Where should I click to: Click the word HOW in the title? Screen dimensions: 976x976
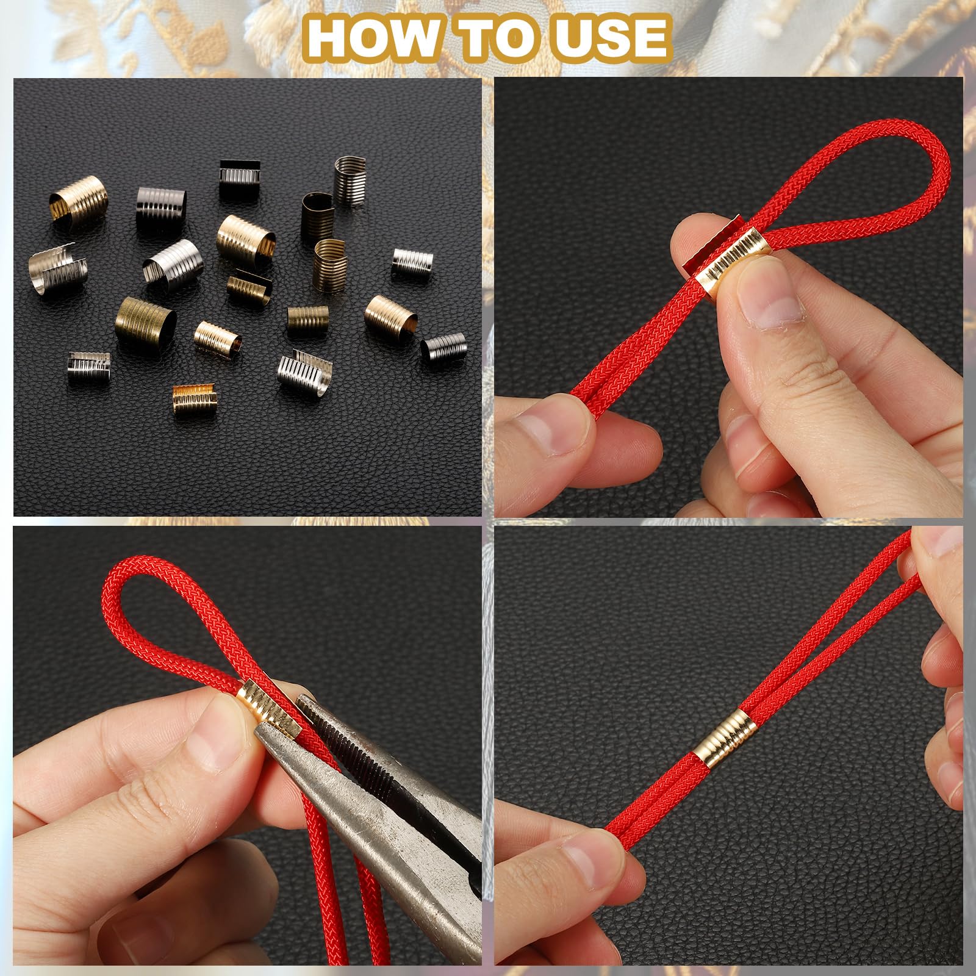click(379, 37)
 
